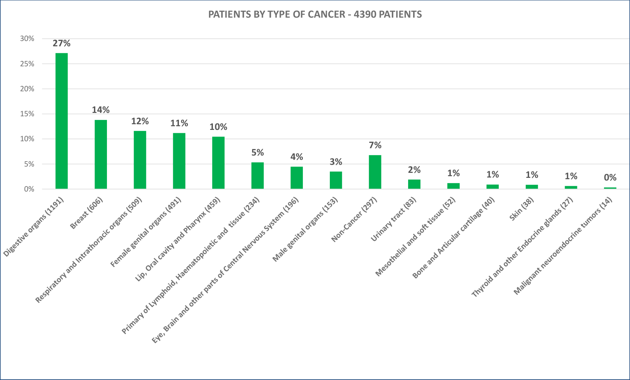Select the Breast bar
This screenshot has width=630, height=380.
[x=101, y=154]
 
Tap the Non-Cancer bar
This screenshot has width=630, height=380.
[x=375, y=172]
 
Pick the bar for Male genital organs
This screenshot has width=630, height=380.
[x=336, y=180]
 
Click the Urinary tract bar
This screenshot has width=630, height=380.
[x=414, y=184]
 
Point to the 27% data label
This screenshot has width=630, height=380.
[x=62, y=43]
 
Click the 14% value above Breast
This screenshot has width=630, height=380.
[x=101, y=110]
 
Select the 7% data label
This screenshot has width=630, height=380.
[x=375, y=145]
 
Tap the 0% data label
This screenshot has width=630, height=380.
[x=610, y=178]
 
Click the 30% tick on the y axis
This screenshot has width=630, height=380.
[x=27, y=39]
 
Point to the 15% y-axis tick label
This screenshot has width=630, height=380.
[x=27, y=114]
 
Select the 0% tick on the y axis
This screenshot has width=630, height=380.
[x=29, y=189]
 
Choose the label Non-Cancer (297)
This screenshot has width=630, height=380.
[x=354, y=219]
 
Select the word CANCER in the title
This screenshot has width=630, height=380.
[x=329, y=14]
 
